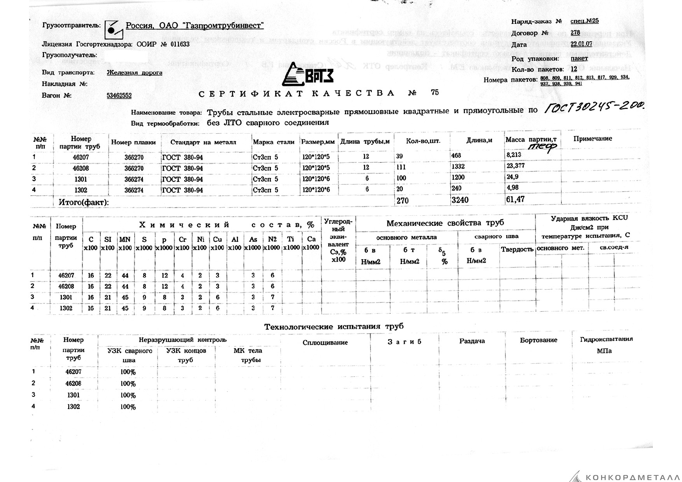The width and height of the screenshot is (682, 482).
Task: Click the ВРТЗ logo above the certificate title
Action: [307, 75]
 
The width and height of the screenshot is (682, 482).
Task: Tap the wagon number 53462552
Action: [119, 96]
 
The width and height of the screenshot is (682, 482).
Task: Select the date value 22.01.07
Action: [581, 44]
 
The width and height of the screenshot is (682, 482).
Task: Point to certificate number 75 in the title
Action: [435, 93]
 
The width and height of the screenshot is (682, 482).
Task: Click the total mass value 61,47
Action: [515, 200]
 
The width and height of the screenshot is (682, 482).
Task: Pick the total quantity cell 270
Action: [402, 201]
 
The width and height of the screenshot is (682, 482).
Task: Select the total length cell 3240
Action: [460, 200]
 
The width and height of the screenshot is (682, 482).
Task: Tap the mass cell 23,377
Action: [516, 166]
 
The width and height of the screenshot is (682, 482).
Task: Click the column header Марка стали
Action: [273, 142]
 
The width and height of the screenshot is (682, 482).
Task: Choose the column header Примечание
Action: [593, 139]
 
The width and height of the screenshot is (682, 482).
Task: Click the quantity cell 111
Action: [401, 167]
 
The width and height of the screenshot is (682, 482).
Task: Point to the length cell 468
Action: [456, 155]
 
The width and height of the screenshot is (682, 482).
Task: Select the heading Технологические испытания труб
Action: [334, 327]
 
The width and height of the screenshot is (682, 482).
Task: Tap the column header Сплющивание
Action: [325, 342]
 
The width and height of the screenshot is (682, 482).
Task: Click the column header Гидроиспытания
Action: [606, 339]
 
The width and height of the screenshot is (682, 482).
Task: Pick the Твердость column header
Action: [517, 249]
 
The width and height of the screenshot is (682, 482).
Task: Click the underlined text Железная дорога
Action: [135, 73]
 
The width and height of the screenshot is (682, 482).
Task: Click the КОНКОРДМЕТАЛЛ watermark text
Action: [632, 477]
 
